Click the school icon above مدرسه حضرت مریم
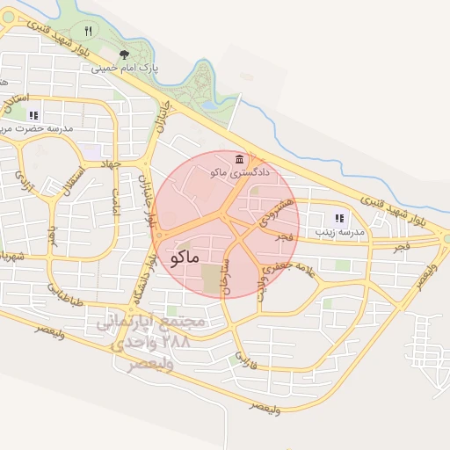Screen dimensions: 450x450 click(x=34, y=115)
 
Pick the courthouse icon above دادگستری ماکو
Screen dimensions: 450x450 click(x=241, y=158)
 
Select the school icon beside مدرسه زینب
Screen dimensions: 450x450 click(x=339, y=218)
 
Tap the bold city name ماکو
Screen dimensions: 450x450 click(x=182, y=256)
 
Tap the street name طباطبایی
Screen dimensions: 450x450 click(x=65, y=296)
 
